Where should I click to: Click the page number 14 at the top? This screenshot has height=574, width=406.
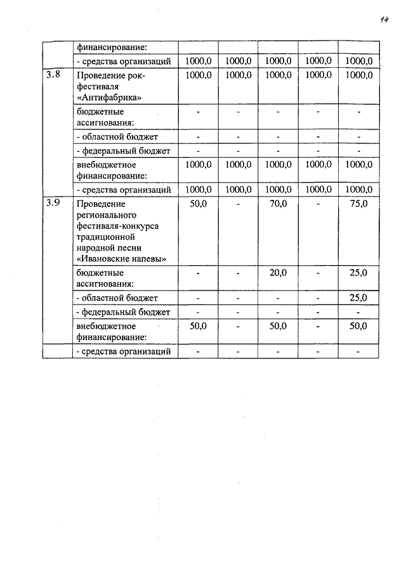[383, 20]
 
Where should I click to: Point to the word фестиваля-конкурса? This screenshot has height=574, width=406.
[117, 226]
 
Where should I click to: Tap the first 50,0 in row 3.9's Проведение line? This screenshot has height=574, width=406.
[198, 204]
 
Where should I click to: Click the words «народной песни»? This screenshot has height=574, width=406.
[108, 248]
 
